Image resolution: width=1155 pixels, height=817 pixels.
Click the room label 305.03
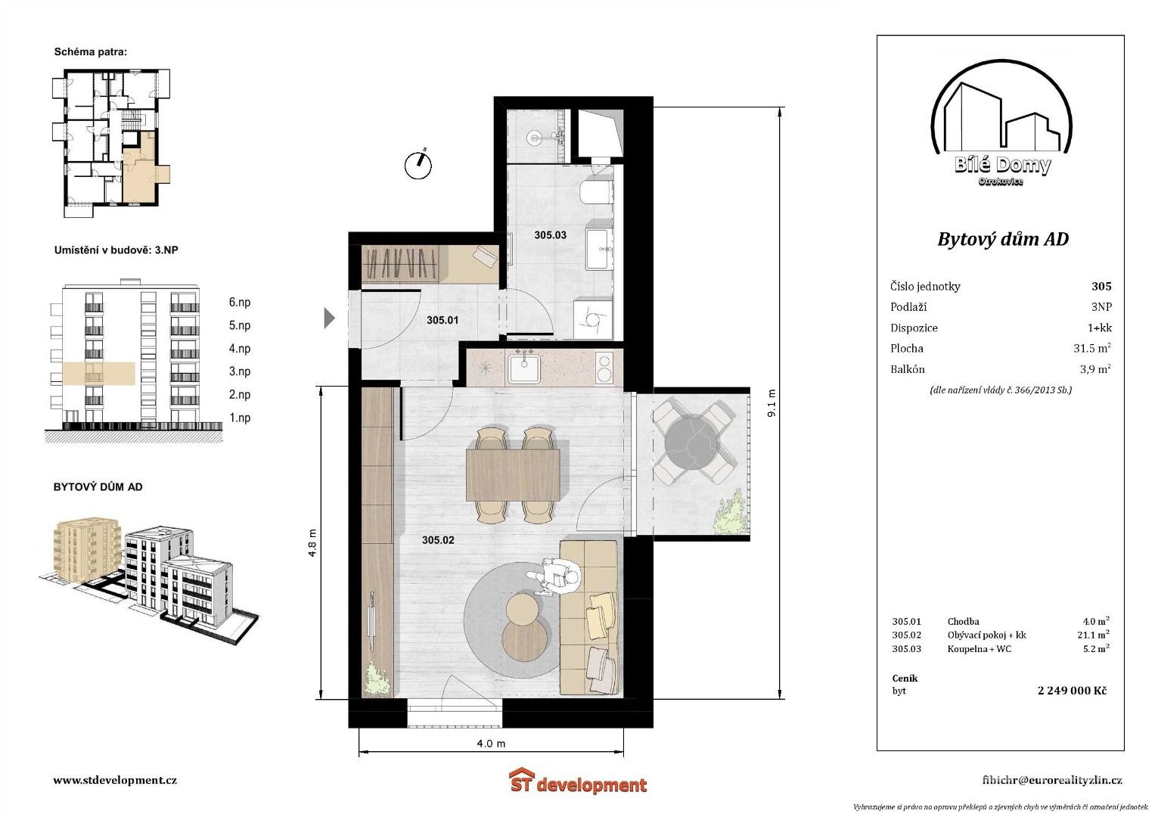click(550, 235)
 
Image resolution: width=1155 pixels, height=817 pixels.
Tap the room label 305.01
click(442, 320)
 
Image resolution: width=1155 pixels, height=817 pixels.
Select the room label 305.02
click(438, 540)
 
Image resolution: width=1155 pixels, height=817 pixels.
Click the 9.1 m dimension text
click(772, 402)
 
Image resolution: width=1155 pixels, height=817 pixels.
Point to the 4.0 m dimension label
click(491, 743)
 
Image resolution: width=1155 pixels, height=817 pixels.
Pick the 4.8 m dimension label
click(312, 543)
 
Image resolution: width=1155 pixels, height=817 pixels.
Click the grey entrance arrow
click(330, 318)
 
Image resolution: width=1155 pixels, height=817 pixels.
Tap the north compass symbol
click(418, 164)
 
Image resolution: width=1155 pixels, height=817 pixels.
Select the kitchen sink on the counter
click(524, 369)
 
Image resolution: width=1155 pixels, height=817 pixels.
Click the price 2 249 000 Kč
click(1072, 690)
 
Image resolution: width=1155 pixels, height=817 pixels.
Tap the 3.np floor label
click(240, 371)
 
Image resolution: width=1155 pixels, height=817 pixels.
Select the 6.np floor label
click(240, 303)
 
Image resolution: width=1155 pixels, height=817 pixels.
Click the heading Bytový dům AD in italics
click(1003, 239)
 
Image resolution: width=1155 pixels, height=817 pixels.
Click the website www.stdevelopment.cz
click(115, 780)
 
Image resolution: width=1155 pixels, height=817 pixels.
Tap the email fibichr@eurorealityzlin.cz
click(1052, 781)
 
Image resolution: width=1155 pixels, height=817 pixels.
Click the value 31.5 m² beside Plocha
click(1092, 348)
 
